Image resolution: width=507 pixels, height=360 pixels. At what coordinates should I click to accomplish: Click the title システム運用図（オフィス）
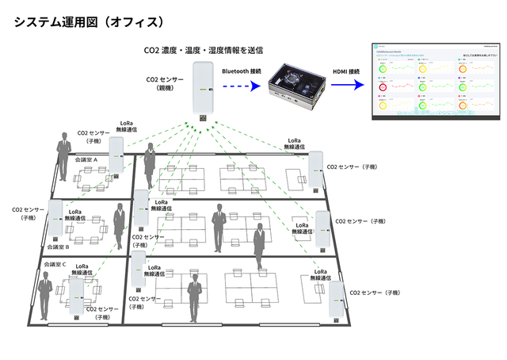pos(89,21)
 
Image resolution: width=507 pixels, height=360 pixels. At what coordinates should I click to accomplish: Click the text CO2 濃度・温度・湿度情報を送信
pos(204,52)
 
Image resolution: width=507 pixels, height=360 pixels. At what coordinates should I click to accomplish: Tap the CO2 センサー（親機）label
pos(166,84)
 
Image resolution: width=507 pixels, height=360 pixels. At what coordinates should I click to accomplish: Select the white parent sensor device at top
pos(204,92)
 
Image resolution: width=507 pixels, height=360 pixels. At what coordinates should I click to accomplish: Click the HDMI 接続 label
pos(345,71)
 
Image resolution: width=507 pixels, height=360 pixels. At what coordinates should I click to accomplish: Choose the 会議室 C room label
pos(54,264)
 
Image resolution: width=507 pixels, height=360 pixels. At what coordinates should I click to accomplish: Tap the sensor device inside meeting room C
pos(77,293)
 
